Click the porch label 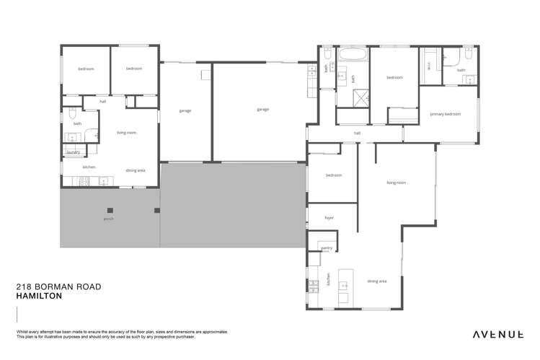[109, 218]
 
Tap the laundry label [73, 152]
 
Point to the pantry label [327, 247]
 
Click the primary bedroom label [445, 114]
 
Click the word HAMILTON [39, 297]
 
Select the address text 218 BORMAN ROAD [58, 287]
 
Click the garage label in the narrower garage [185, 110]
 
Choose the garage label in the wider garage [262, 110]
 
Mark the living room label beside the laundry [126, 133]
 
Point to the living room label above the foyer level [396, 183]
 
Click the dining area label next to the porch [136, 170]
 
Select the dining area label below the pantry [377, 281]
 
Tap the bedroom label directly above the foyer [333, 175]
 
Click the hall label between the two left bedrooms [103, 102]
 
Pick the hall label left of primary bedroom [357, 133]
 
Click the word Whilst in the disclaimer [22, 332]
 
